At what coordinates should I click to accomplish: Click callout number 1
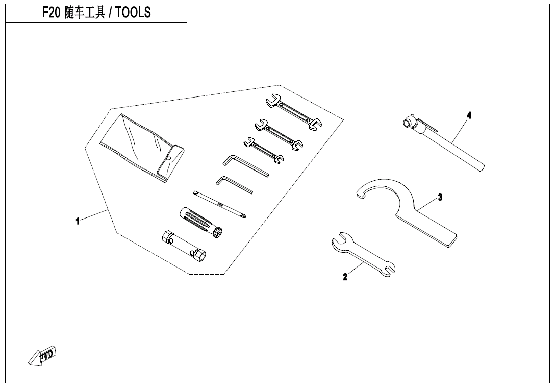point(78,221)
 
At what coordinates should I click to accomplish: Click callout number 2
point(345,277)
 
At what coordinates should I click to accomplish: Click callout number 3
point(440,198)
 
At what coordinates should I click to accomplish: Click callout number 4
point(469,115)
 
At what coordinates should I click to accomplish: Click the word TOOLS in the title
point(133,13)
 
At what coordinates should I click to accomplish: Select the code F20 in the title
point(52,13)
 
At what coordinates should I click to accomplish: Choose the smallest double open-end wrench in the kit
point(264,151)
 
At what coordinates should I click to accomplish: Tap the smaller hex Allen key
point(234,185)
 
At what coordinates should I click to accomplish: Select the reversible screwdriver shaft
point(220,205)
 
